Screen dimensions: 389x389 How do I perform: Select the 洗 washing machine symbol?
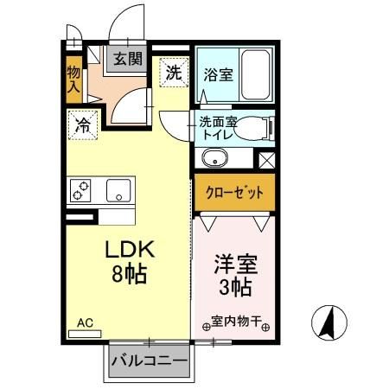(172, 72)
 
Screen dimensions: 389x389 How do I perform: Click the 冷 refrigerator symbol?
(83, 124)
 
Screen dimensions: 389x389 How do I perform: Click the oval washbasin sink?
(214, 160)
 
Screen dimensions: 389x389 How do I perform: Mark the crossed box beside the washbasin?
(266, 159)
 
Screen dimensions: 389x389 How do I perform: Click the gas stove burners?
(82, 190)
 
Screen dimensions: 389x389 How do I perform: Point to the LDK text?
(130, 251)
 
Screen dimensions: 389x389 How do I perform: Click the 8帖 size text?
(130, 277)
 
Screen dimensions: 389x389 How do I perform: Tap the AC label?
(85, 323)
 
